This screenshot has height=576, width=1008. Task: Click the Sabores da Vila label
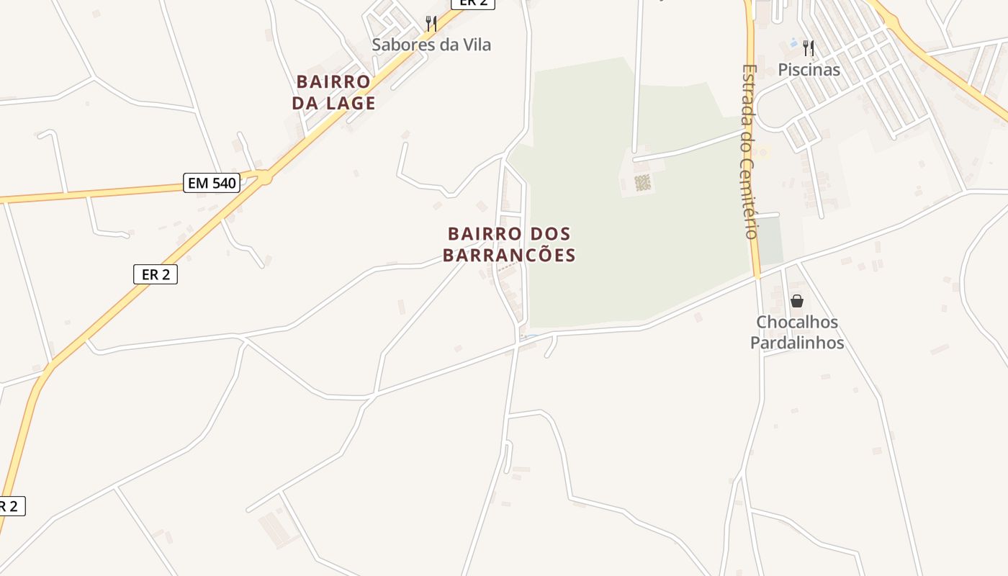point(431,45)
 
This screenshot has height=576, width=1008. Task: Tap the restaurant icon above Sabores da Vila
point(431,23)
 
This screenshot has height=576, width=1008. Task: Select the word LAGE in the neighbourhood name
point(351,103)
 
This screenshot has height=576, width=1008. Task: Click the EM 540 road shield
point(212,183)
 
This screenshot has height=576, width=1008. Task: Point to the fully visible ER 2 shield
point(155,274)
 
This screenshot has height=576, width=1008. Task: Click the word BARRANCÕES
point(508,256)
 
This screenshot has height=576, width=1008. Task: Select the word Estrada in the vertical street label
point(750,97)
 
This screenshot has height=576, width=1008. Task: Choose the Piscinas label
point(809,70)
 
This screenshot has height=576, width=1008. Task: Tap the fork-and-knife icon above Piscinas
point(809,48)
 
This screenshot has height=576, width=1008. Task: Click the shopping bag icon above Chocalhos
point(796,300)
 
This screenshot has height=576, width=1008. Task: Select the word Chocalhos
point(796,322)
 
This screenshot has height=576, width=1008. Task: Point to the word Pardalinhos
point(796,343)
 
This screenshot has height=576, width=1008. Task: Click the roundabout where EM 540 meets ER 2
point(264,176)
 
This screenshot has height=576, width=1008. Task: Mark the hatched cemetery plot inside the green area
point(643,183)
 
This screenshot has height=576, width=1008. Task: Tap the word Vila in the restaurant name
point(476,45)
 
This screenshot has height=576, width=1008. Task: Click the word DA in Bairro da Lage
point(305,103)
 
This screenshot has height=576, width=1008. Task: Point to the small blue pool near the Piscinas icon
point(793,43)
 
